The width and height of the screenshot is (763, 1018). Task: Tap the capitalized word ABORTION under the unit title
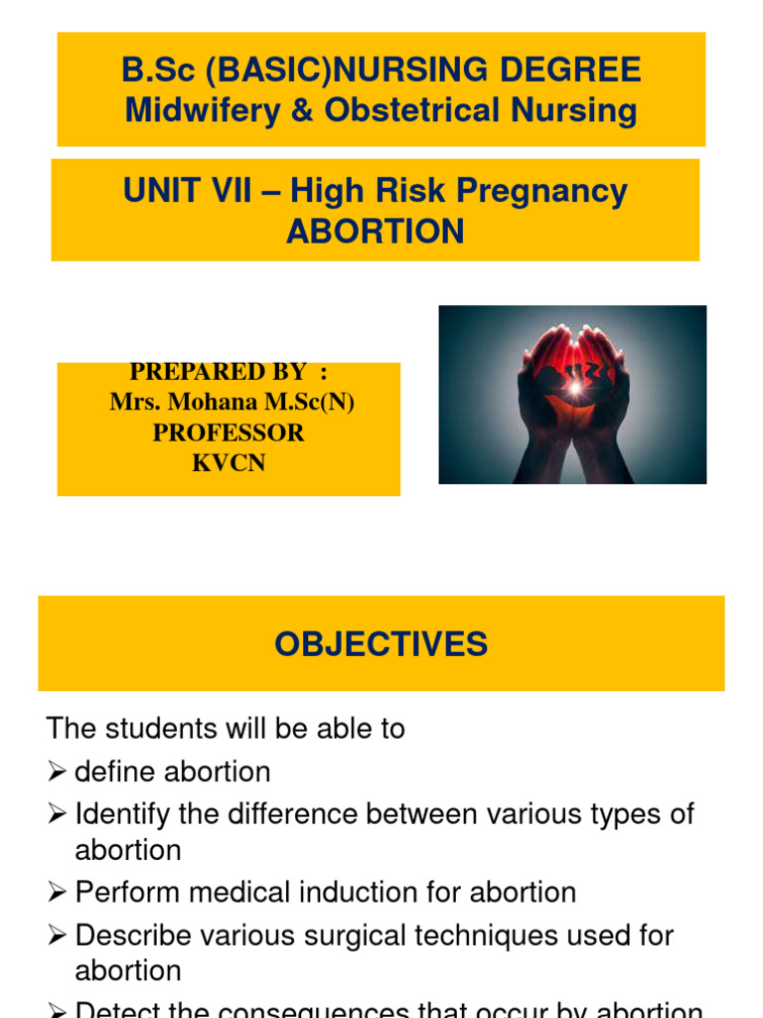click(x=376, y=232)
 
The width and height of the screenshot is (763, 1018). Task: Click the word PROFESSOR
click(x=229, y=433)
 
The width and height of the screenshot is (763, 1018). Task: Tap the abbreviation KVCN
click(x=229, y=463)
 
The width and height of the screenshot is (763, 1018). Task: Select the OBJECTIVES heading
click(x=381, y=644)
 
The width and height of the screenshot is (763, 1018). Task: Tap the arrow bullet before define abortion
click(x=57, y=771)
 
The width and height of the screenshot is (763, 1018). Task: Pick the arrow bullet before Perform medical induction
click(x=57, y=892)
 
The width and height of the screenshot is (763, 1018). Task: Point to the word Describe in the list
click(x=132, y=935)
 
